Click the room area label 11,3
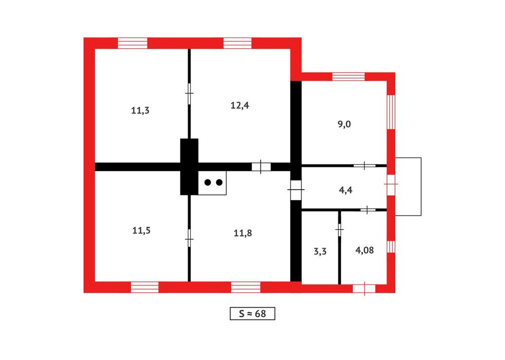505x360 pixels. pos(140,111)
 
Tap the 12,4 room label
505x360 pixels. pos(240,105)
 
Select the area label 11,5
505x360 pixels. pos(141,230)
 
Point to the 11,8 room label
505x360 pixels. pos(243,233)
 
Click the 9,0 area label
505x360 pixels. pos(344,124)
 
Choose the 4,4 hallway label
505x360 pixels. pos(346,190)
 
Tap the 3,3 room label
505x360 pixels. pos(320,251)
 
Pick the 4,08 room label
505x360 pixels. pos(365,250)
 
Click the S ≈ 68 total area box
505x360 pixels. pos(252,314)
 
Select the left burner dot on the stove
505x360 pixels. pos(208,183)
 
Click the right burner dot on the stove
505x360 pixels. pos(219,183)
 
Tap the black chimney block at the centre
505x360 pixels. pos(189,167)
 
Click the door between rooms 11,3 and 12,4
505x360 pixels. pos(189,94)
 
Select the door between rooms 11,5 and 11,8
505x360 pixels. pos(189,238)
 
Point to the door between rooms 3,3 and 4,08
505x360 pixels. pos(339,229)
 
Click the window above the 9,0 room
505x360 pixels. pos(349,77)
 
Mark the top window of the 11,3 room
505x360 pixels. pos(132,43)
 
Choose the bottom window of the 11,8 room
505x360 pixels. pos(246,287)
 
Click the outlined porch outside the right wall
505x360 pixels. pos(408,187)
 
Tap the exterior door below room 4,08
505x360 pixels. pos(364,289)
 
